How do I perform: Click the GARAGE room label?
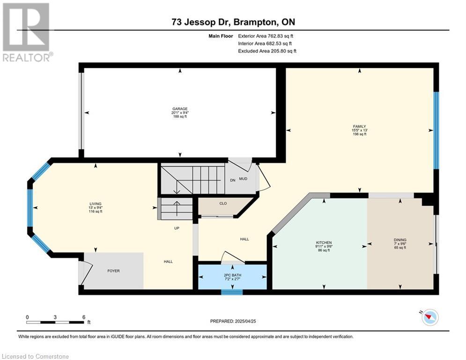point(180,109)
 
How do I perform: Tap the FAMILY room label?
point(359,127)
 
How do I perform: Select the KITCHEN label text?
point(324,243)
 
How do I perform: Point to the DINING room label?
point(400,240)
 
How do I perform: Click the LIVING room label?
point(96,204)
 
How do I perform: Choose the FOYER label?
point(113,271)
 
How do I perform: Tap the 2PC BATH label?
point(232,275)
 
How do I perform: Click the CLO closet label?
point(223,203)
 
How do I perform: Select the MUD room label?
point(243,179)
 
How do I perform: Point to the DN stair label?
point(233,180)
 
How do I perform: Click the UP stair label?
point(177,228)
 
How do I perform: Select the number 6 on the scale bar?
point(84,317)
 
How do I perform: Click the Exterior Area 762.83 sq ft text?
point(266,36)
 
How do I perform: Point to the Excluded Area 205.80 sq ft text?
point(267,51)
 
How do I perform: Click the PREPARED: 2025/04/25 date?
point(233,321)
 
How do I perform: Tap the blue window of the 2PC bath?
point(232,292)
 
